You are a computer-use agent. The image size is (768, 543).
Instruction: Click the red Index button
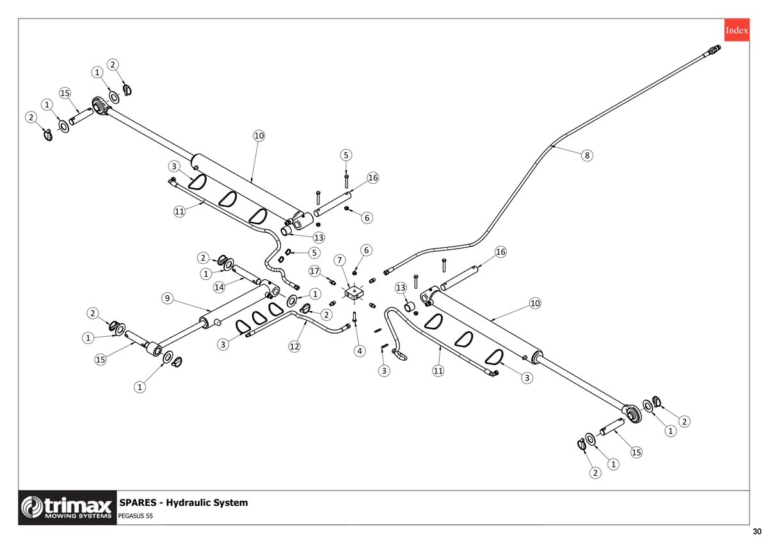click(737, 30)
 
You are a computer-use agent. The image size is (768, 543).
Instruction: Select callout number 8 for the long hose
click(587, 156)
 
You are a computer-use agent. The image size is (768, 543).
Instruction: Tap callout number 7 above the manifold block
click(339, 260)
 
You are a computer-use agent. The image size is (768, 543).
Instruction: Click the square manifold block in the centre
click(354, 294)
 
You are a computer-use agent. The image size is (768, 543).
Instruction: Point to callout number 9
click(167, 298)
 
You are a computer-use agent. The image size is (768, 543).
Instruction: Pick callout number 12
click(294, 346)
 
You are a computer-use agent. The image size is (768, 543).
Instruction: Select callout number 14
click(219, 287)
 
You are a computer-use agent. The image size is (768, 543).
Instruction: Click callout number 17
click(314, 271)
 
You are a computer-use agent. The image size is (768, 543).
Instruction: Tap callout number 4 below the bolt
click(360, 351)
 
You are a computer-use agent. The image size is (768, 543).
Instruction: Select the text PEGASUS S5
click(136, 516)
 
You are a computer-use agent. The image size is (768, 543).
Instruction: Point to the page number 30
click(757, 531)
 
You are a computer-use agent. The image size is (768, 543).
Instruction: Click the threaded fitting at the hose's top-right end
click(713, 50)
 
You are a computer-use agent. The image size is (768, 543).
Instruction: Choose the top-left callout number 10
click(259, 136)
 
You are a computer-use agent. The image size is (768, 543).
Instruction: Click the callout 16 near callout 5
click(372, 177)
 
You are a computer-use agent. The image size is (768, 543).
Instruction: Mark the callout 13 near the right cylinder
click(401, 288)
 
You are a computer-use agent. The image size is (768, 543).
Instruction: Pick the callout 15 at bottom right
click(636, 452)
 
